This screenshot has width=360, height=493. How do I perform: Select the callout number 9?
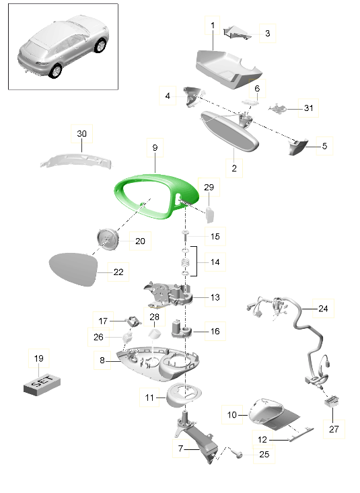click(x=155, y=147)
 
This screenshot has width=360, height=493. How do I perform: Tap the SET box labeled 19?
click(x=42, y=384)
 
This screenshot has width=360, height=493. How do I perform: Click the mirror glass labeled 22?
click(x=73, y=269)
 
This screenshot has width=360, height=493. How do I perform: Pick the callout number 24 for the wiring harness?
click(x=323, y=309)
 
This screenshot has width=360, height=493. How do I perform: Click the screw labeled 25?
click(x=238, y=454)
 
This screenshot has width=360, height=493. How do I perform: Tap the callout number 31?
click(x=309, y=108)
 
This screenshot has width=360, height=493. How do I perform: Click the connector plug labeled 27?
click(x=332, y=401)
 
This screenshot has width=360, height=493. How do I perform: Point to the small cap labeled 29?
click(x=210, y=215)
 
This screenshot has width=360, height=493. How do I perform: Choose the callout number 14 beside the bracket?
click(x=215, y=262)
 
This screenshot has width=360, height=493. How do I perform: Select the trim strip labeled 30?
click(x=76, y=160)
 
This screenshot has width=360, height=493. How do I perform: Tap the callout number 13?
click(x=215, y=297)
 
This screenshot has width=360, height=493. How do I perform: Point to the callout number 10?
click(x=232, y=415)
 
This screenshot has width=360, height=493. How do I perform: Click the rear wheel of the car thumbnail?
click(x=55, y=71)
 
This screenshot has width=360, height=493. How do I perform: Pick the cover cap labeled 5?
click(x=297, y=147)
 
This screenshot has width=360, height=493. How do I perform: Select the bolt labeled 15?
click(x=185, y=236)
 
